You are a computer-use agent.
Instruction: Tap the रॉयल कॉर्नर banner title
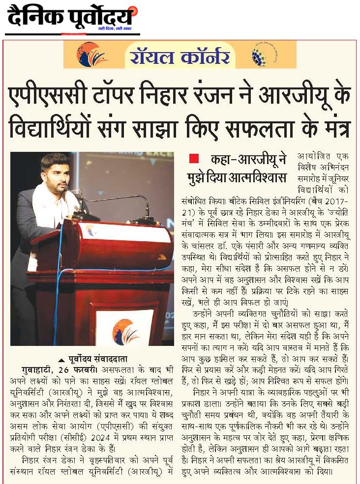tap(180, 55)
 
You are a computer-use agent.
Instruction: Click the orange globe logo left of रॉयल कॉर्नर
tap(91, 55)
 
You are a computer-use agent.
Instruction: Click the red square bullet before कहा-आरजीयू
tap(194, 159)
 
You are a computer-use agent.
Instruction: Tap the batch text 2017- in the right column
tap(334, 203)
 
